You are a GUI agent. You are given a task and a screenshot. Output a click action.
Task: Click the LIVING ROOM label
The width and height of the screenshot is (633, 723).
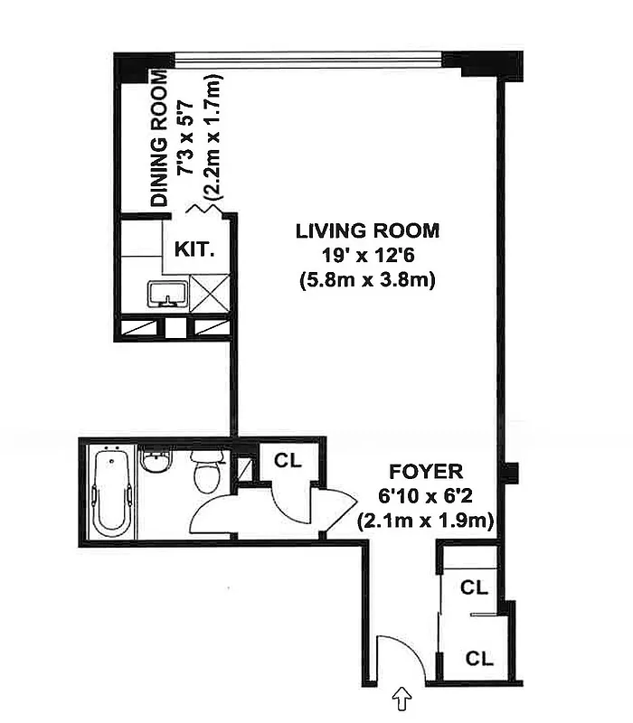pyautogui.click(x=367, y=230)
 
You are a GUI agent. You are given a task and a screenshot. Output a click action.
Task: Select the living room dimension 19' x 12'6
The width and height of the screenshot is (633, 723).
pyautogui.click(x=367, y=255)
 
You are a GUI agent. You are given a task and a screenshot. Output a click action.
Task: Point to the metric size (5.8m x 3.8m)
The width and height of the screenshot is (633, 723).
pyautogui.click(x=367, y=280)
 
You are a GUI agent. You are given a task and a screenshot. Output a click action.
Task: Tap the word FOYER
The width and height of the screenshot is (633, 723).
pyautogui.click(x=426, y=471)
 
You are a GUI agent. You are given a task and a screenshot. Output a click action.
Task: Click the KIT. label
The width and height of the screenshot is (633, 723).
pyautogui.click(x=194, y=249)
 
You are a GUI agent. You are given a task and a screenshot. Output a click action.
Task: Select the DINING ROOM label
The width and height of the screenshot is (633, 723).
pyautogui.click(x=160, y=140)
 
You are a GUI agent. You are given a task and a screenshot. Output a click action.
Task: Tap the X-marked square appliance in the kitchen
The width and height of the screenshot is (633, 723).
pyautogui.click(x=210, y=294)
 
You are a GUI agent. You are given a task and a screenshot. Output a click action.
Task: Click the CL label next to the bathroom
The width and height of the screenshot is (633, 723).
pyautogui.click(x=288, y=459)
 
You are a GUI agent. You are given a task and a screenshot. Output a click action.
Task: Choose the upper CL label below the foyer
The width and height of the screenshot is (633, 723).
pyautogui.click(x=474, y=587)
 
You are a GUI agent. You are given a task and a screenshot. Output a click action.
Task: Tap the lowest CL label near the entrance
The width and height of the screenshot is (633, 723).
pyautogui.click(x=478, y=659)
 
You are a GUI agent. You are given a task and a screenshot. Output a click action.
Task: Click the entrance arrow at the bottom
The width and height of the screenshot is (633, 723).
pyautogui.click(x=400, y=698)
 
